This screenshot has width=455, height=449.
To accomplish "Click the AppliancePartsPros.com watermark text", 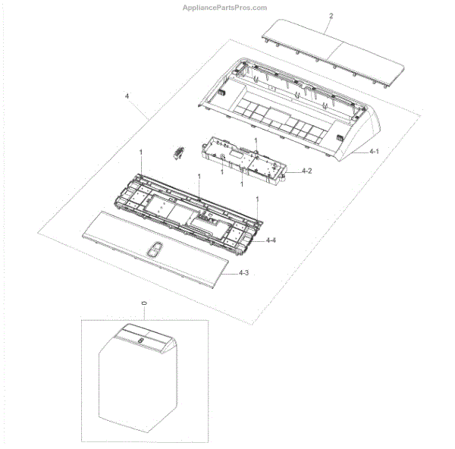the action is [224, 8].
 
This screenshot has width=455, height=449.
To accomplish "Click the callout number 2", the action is [331, 16].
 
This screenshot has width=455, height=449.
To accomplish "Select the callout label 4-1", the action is [374, 151].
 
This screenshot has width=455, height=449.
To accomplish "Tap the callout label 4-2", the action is [306, 171].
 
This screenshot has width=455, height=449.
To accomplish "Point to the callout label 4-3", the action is [243, 273].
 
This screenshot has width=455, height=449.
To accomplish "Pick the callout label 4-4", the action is [271, 240].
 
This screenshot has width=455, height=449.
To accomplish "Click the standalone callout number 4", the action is [127, 96].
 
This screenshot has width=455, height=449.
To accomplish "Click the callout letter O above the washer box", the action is [144, 303].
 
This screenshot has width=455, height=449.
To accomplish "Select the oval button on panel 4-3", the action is [155, 250].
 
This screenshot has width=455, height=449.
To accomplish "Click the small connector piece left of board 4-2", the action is [178, 152].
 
